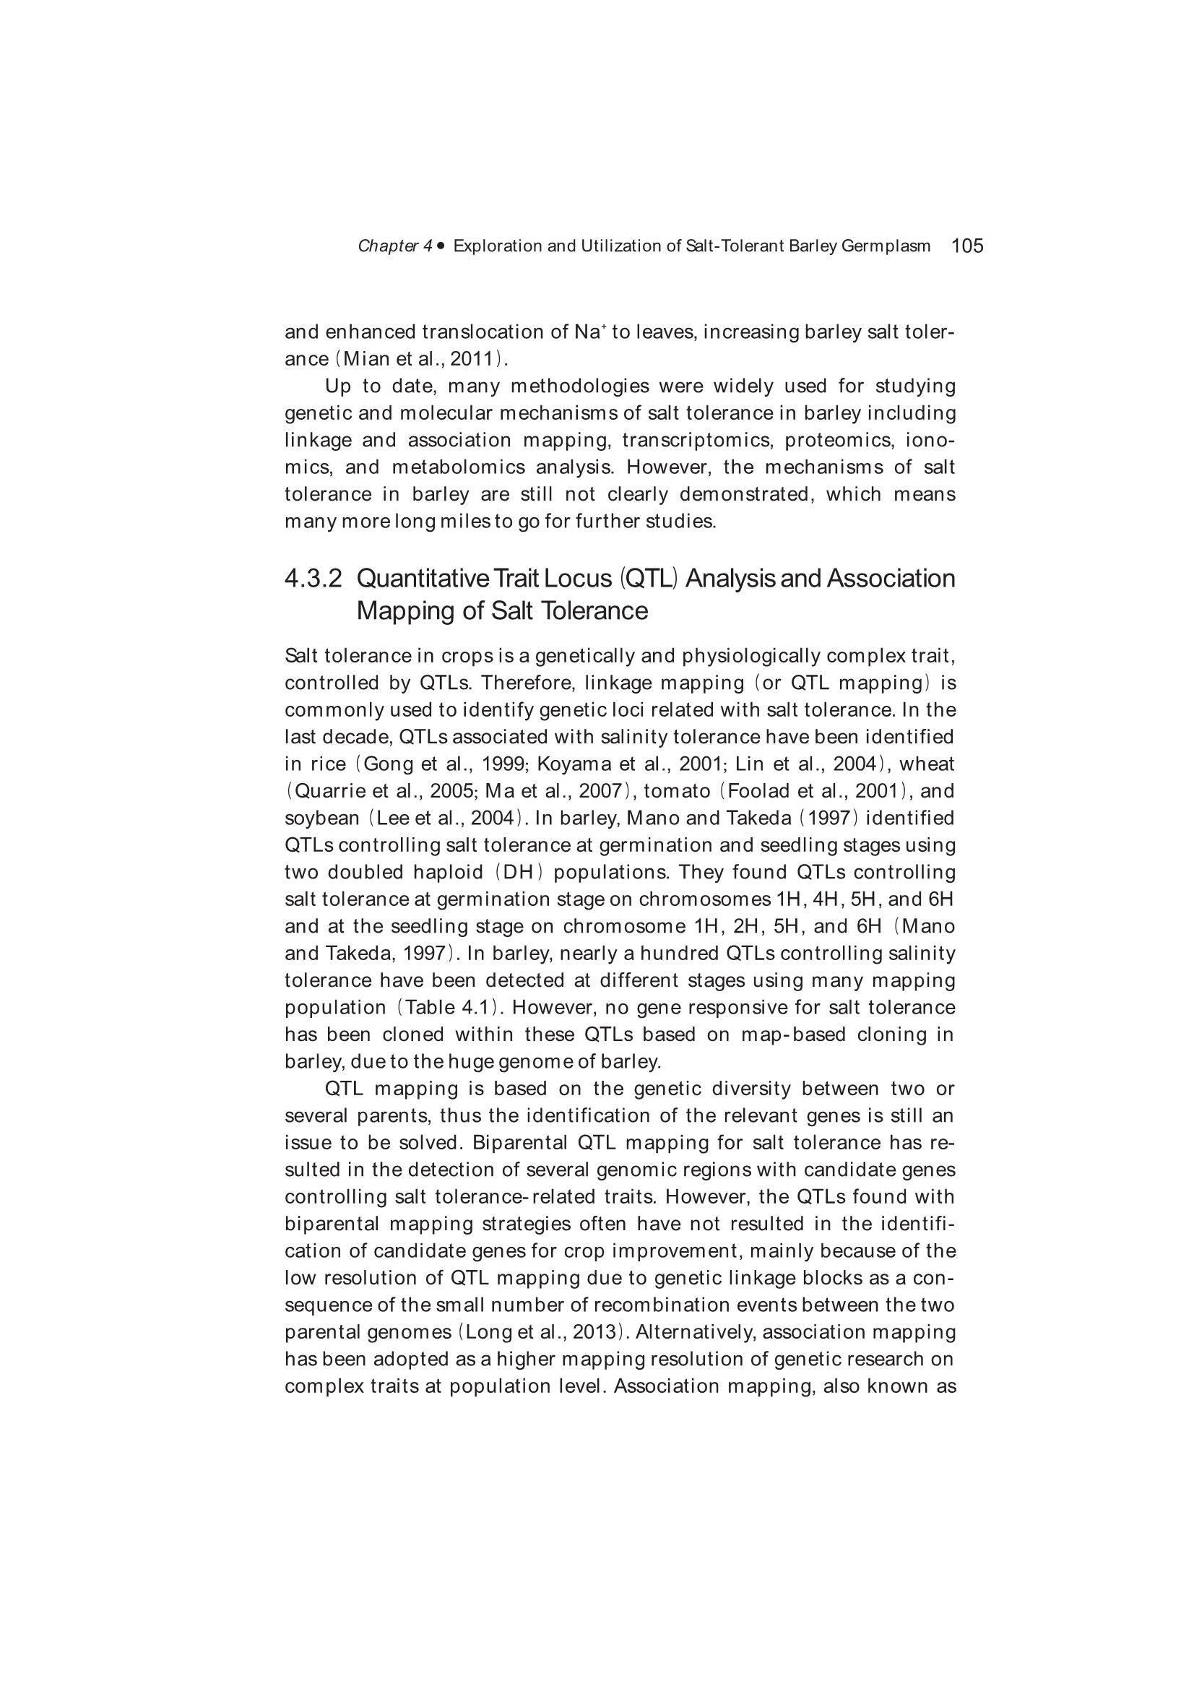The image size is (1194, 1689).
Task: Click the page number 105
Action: [x=966, y=246]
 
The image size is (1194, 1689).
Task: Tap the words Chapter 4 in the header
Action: [x=395, y=246]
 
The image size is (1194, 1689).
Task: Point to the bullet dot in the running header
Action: [x=441, y=246]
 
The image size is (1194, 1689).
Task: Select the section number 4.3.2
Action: [x=313, y=579]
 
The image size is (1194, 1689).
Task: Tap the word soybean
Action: [x=321, y=818]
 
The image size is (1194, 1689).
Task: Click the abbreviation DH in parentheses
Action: [x=519, y=873]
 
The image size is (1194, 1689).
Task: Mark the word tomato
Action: [x=677, y=792]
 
